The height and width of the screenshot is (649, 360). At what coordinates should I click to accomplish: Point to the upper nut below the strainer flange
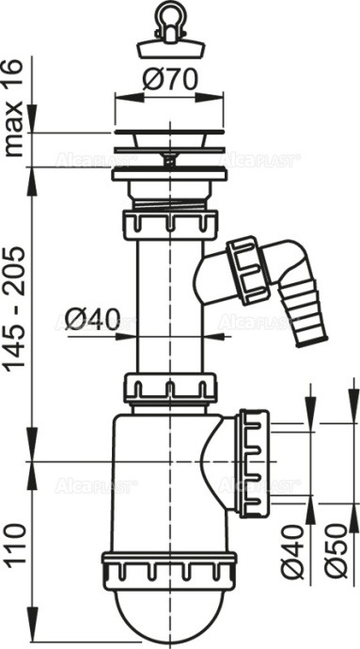point(166,225)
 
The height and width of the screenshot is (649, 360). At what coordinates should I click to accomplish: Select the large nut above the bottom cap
point(166,569)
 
